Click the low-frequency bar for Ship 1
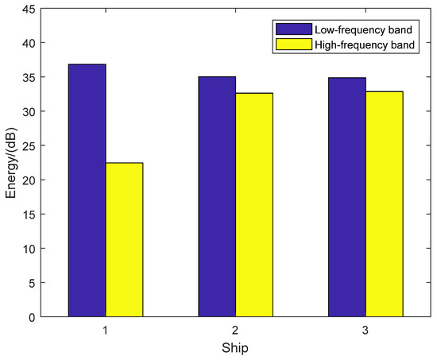[87, 191]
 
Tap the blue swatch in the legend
[292, 29]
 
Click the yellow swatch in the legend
[292, 45]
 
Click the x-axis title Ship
[235, 347]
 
